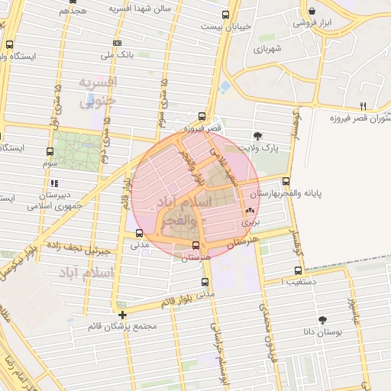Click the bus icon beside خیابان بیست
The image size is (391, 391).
pos(224,15)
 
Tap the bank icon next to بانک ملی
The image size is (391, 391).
pos(117,44)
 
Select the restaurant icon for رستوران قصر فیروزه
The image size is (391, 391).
pos(364,107)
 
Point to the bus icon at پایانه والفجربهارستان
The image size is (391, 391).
pos(286,182)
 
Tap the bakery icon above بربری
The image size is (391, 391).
pos(250,212)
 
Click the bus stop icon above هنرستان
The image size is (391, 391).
pos(196,246)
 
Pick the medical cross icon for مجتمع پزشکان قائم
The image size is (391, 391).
pos(122,315)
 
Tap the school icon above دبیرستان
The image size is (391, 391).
pos(53,184)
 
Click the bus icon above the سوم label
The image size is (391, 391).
pos(50,151)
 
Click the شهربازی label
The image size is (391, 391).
pos(268,49)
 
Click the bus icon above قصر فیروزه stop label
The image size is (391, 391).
pos(202,117)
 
